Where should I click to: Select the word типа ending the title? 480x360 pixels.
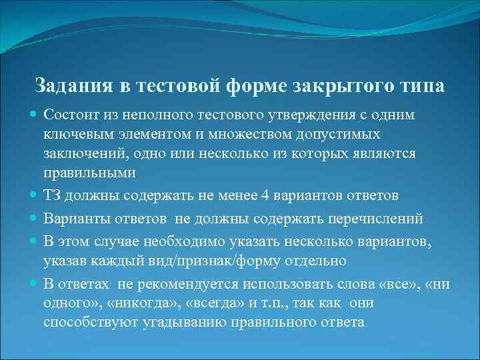(x=420, y=87)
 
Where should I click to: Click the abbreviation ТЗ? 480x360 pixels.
(x=53, y=195)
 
